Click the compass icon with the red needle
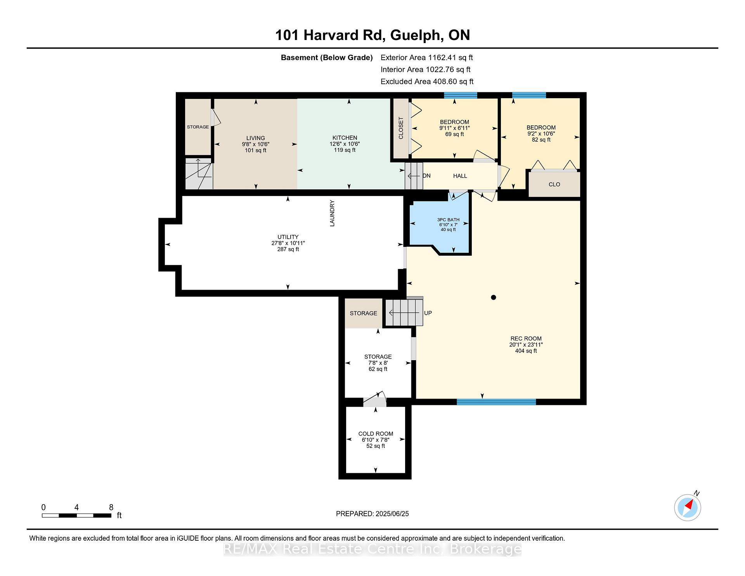[x=688, y=507]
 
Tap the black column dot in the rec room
[x=494, y=297]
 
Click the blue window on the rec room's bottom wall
[x=496, y=402]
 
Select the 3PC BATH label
[x=448, y=220]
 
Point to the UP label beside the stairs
[x=428, y=313]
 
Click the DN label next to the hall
[x=426, y=176]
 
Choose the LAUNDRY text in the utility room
[x=332, y=213]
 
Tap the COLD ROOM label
[x=376, y=434]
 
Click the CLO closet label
[x=554, y=184]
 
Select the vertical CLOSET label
[x=401, y=128]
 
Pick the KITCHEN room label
[x=345, y=138]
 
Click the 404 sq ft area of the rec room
[x=526, y=351]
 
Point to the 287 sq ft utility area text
[x=288, y=249]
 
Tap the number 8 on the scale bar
[x=111, y=507]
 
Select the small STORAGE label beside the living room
[x=198, y=127]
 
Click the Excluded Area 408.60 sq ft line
[x=427, y=82]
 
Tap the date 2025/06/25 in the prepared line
[x=392, y=514]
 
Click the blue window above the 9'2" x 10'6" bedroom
[x=529, y=95]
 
